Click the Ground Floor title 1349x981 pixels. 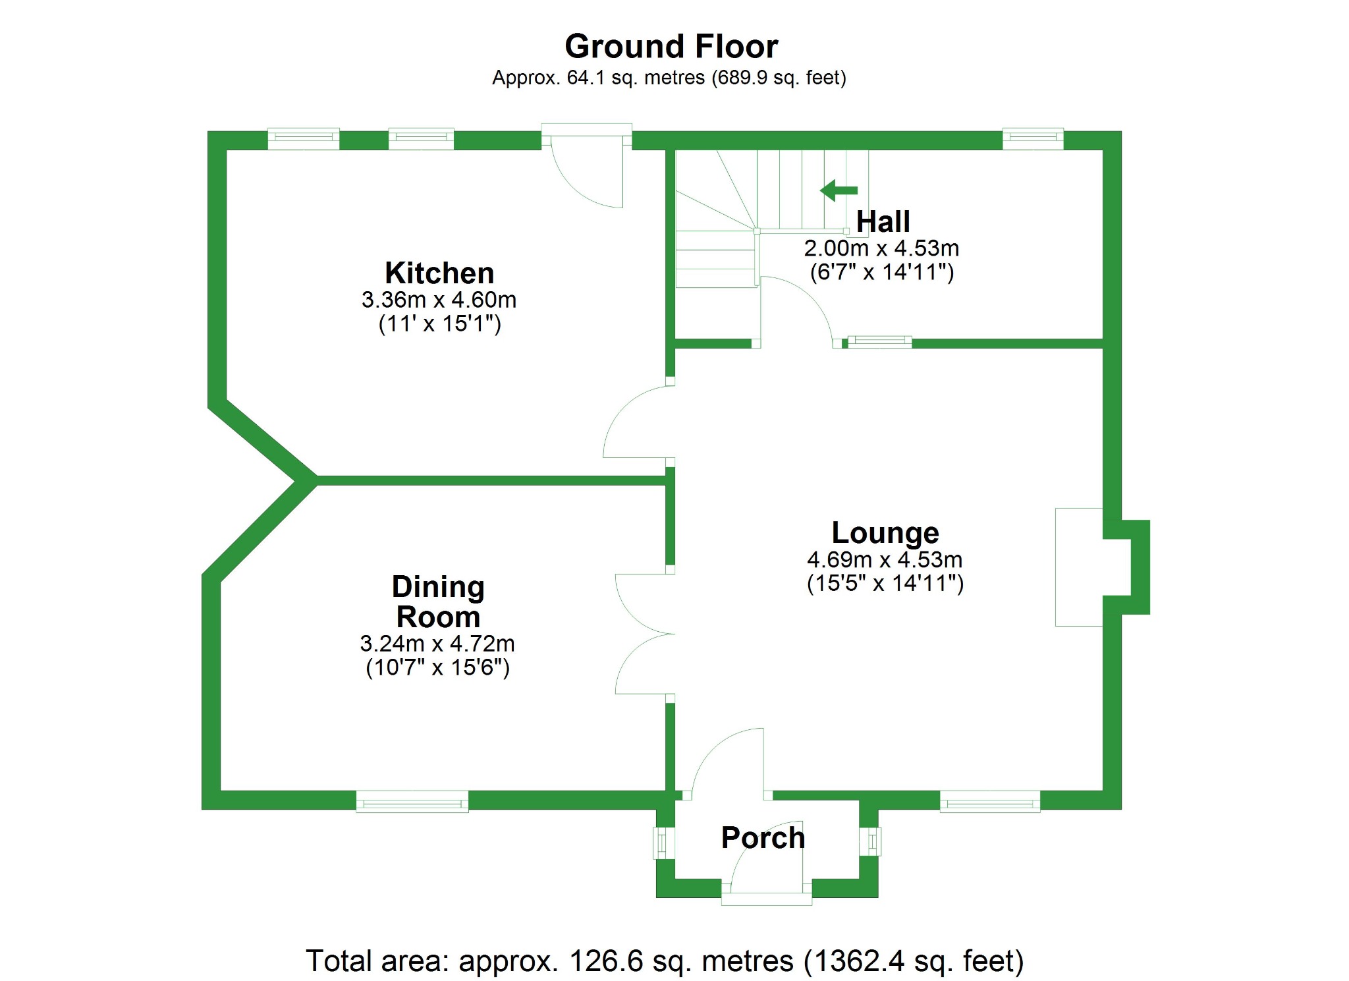click(x=671, y=47)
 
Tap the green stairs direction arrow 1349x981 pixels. click(x=839, y=190)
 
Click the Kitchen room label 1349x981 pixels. click(x=439, y=273)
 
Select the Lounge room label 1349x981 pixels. click(x=885, y=532)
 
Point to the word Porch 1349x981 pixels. click(x=763, y=838)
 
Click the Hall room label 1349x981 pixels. click(x=883, y=222)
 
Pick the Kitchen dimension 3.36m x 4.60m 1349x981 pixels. click(x=439, y=300)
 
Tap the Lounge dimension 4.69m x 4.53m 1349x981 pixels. click(x=885, y=560)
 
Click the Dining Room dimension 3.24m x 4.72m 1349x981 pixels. click(x=437, y=644)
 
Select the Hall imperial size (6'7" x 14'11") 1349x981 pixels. click(x=882, y=272)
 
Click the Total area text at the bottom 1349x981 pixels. click(x=665, y=961)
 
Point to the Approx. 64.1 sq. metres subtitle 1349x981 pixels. click(x=669, y=78)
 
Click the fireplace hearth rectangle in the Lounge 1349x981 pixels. click(x=1078, y=567)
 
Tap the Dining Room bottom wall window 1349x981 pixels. click(x=412, y=802)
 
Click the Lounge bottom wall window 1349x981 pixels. click(x=989, y=801)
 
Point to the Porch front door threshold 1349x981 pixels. click(x=766, y=899)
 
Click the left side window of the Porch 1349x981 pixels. click(x=663, y=843)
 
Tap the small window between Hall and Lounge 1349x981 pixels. click(x=879, y=341)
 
